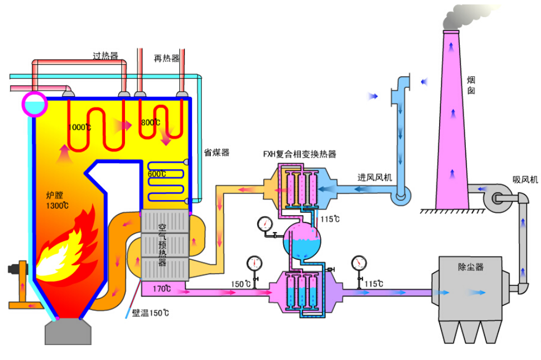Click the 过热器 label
(106, 55)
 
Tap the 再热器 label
(167, 58)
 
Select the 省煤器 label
(217, 153)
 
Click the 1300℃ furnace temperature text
(58, 206)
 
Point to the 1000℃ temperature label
(79, 127)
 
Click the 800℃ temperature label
(150, 122)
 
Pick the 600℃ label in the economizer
(157, 174)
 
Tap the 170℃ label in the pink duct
(162, 289)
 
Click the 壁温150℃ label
(150, 313)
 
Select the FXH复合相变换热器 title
(299, 154)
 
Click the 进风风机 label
(374, 178)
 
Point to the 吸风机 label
(525, 179)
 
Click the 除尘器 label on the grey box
(471, 267)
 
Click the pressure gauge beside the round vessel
(265, 225)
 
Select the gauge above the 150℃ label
(254, 264)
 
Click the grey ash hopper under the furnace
(68, 332)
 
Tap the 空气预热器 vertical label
(162, 245)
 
